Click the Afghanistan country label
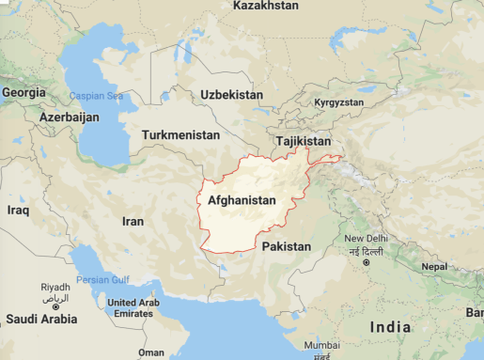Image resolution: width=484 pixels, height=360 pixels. coord(242,200)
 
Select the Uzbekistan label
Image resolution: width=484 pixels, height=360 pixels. coord(231,95)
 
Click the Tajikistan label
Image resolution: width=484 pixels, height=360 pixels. coord(303,141)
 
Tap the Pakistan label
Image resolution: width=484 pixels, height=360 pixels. coord(286,246)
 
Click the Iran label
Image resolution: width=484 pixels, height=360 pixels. coord(133,221)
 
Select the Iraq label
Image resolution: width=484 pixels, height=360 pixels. coord(19,211)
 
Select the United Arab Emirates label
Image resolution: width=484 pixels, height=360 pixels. coord(133,308)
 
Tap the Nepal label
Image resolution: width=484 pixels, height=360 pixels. coord(433,267)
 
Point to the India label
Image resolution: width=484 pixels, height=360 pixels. coord(390,327)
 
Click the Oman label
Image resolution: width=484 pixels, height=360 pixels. coord(150,352)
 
